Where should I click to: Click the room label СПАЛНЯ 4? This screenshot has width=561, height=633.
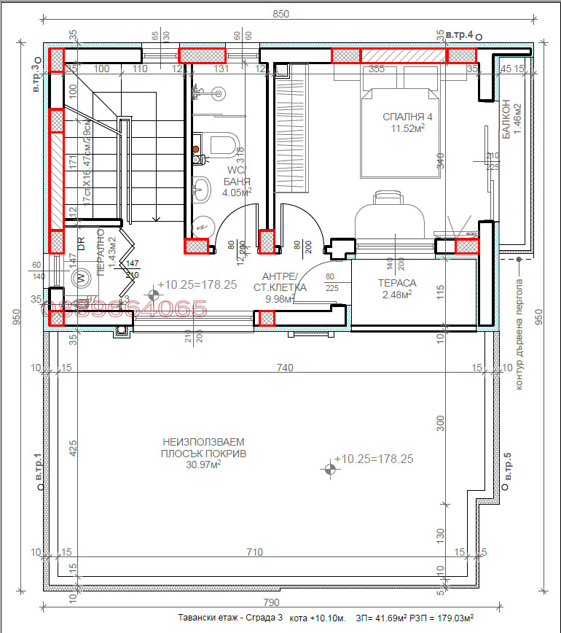click(x=408, y=117)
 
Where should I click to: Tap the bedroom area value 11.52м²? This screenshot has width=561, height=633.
click(x=408, y=129)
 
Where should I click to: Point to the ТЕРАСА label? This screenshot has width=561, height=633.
click(x=396, y=283)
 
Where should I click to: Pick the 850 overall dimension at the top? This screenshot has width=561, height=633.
click(x=280, y=14)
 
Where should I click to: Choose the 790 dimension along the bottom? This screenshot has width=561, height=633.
click(x=270, y=602)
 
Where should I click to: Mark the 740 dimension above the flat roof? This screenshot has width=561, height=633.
click(x=285, y=368)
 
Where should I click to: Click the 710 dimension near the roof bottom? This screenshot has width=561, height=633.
click(x=254, y=553)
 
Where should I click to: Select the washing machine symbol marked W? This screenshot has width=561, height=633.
click(x=82, y=278)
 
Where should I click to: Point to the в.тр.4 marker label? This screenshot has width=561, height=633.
click(x=460, y=34)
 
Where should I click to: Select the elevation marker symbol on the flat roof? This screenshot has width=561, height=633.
click(x=329, y=469)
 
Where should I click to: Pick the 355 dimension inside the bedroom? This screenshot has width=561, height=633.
click(x=377, y=69)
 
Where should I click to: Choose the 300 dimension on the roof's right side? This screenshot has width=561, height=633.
click(x=439, y=424)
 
